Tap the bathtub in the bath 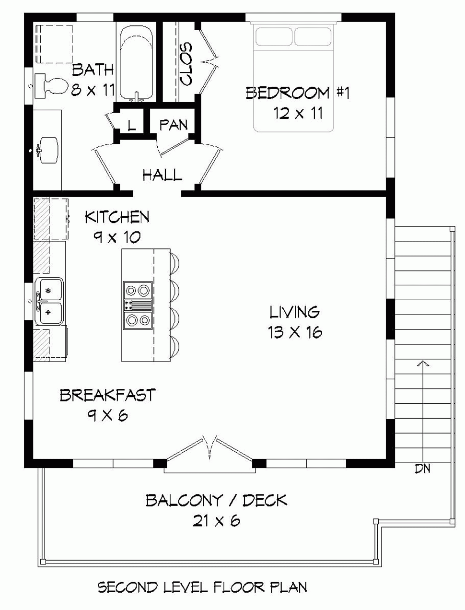pyautogui.click(x=136, y=63)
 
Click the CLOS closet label pyautogui.click(x=186, y=64)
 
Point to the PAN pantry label pyautogui.click(x=173, y=125)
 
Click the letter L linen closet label pyautogui.click(x=132, y=126)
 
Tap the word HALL pyautogui.click(x=162, y=175)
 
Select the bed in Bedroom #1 pyautogui.click(x=293, y=79)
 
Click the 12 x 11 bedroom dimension pyautogui.click(x=298, y=114)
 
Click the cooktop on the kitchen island pyautogui.click(x=138, y=305)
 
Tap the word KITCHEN pyautogui.click(x=117, y=217)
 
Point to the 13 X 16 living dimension pyautogui.click(x=295, y=332)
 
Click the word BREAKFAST pyautogui.click(x=107, y=395)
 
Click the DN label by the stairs pyautogui.click(x=422, y=469)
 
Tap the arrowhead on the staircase pyautogui.click(x=422, y=364)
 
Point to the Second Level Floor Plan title pyautogui.click(x=202, y=587)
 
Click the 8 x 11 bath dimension pyautogui.click(x=92, y=90)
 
